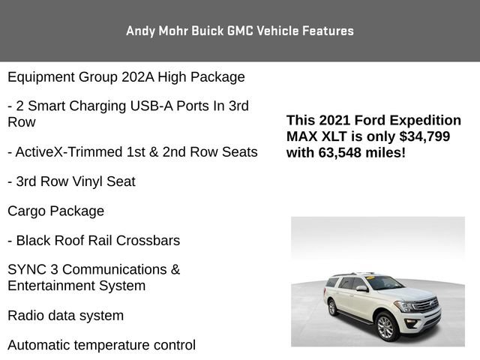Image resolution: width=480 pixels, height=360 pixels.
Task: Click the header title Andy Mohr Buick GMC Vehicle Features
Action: pyautogui.click(x=240, y=31)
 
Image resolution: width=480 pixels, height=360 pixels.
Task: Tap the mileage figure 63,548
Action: pyautogui.click(x=343, y=152)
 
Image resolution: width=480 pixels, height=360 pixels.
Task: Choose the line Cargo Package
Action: pyautogui.click(x=55, y=211)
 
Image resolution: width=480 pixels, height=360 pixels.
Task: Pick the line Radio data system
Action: pyautogui.click(x=65, y=315)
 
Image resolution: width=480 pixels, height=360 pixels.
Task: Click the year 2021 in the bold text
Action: pyautogui.click(x=333, y=120)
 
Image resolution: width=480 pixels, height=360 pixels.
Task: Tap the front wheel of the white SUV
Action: pyautogui.click(x=385, y=325)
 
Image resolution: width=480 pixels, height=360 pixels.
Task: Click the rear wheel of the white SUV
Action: pyautogui.click(x=332, y=307)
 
